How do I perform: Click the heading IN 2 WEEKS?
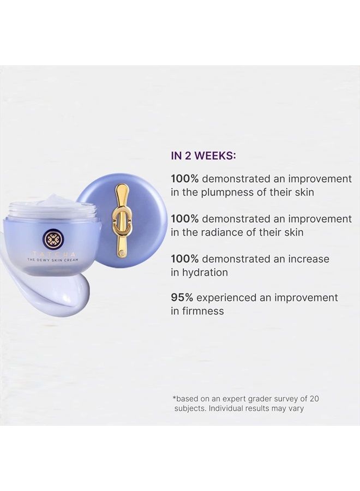pyautogui.click(x=203, y=155)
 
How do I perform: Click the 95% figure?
pyautogui.click(x=181, y=297)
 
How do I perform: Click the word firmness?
pyautogui.click(x=203, y=311)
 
